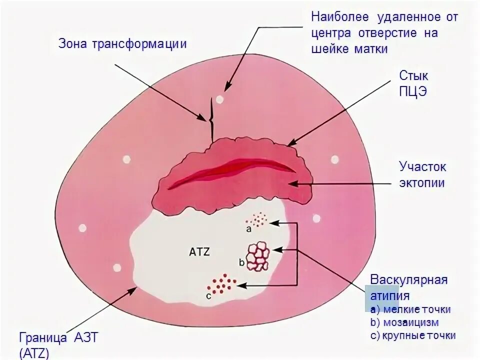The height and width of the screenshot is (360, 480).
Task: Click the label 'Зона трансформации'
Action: coord(122,43)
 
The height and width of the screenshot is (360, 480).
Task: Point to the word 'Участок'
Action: coord(422,166)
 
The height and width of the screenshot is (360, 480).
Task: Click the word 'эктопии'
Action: coord(421,182)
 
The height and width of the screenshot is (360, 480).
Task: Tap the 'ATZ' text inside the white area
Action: coord(199,252)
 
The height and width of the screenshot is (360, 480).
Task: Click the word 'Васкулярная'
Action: coord(408,279)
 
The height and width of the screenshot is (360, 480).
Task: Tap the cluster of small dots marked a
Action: coord(258,219)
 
